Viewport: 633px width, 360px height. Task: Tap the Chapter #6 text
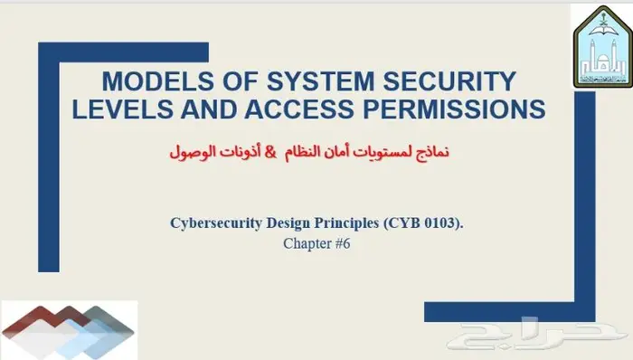316,243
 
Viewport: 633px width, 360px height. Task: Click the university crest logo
601,44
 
